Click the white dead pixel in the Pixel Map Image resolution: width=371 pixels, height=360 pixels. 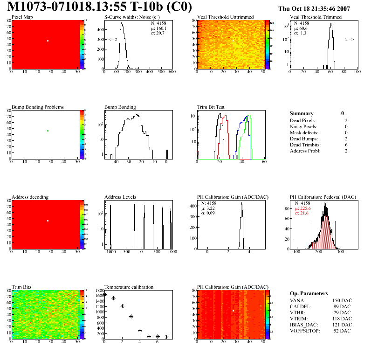[48, 41]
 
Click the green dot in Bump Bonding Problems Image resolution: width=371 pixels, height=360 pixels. [48, 131]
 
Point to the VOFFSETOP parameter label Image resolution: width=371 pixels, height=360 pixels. [306, 331]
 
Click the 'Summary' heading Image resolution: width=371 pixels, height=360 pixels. [301, 113]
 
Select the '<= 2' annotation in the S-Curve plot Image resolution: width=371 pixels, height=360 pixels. [112, 40]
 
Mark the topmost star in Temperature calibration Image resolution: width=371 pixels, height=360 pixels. [104, 295]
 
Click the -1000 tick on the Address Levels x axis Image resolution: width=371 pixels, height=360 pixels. [110, 252]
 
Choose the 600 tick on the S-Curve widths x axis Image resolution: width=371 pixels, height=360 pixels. [172, 72]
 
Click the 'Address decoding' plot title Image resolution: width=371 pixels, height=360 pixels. [30, 197]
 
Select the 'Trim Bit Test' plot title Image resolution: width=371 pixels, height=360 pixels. [211, 107]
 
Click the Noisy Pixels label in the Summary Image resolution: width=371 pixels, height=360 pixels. [303, 126]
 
